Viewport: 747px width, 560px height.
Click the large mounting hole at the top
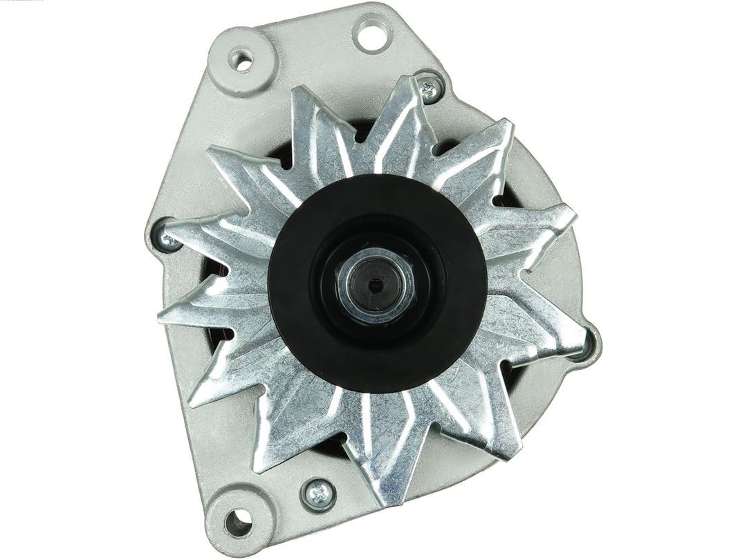point(371,33)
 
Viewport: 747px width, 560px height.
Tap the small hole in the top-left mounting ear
point(241,60)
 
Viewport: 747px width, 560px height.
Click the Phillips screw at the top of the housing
point(429,88)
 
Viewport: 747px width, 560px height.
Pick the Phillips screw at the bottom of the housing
point(318,494)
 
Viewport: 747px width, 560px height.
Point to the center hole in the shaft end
point(376,284)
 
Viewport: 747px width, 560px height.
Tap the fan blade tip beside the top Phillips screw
point(408,86)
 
